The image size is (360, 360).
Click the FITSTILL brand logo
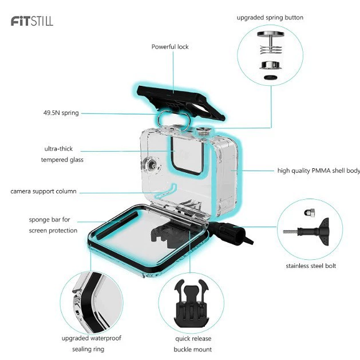pos(32,21)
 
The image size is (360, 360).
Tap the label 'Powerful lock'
pos(170,47)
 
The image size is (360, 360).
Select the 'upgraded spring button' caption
pos(270,18)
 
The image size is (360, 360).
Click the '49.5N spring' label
pos(61,113)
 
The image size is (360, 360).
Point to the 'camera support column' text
pos(43,191)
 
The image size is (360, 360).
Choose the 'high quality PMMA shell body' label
pos(319,171)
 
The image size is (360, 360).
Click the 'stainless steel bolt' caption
pos(311,266)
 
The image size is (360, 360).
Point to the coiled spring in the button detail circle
pos(271,49)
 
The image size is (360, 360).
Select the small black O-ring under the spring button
pos(271,77)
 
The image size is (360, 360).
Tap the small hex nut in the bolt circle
pos(309,212)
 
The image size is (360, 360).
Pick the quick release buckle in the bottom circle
pos(191,303)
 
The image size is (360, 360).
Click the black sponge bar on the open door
pos(117,226)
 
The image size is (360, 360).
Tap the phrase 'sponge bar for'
pos(49,219)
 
